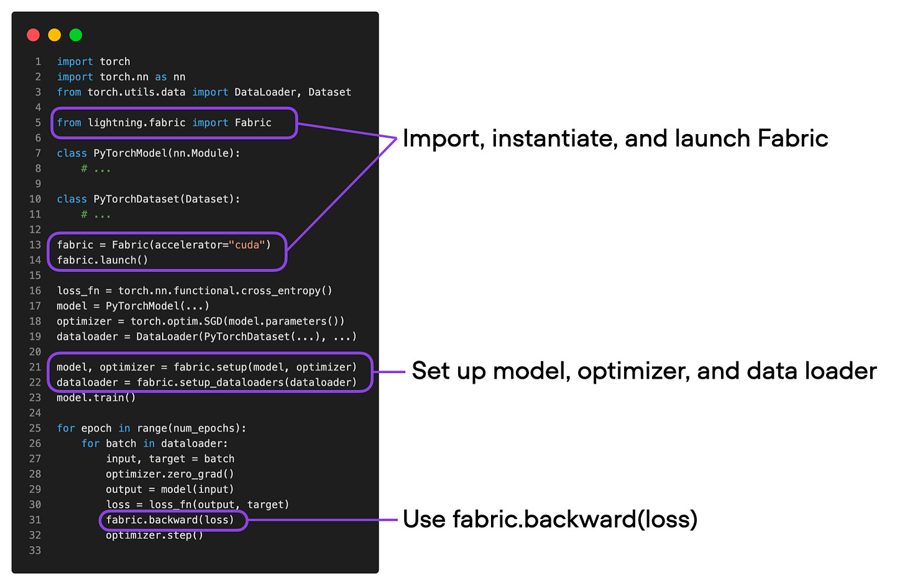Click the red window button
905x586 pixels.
(x=34, y=35)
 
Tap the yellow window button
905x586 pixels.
(x=55, y=35)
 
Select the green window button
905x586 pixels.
(x=76, y=35)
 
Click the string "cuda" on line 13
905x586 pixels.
(x=247, y=245)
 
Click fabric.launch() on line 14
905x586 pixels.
(x=103, y=260)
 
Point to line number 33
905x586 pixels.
(x=35, y=551)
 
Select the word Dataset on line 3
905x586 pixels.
(x=329, y=92)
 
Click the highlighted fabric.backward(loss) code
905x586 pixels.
(x=170, y=520)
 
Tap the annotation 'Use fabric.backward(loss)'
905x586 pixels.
(x=549, y=520)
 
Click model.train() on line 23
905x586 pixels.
(x=96, y=398)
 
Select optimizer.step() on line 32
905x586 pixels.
(x=154, y=535)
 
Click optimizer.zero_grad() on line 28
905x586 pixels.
(x=170, y=474)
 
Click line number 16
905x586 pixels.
(x=35, y=291)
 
